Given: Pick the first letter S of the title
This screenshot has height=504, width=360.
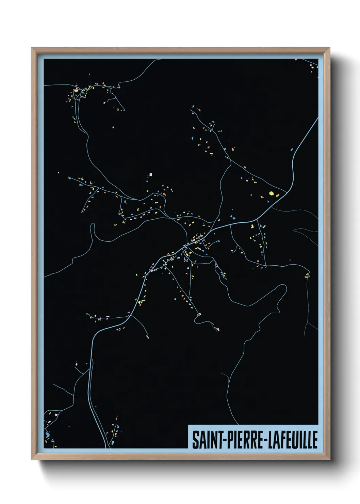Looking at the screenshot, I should point(196,440).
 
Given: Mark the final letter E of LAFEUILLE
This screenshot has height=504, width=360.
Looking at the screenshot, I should point(315,440).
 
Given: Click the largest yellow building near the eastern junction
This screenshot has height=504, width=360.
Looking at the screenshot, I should point(272,193).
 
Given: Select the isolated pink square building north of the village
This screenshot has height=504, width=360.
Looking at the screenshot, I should point(151,175).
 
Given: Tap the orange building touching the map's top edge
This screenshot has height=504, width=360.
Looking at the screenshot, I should point(296,60).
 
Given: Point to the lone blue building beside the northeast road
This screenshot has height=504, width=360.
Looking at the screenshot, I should point(292,149).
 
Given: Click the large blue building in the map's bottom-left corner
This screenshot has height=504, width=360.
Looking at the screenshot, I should point(47,434).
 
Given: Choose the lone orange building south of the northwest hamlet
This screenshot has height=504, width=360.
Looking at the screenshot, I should point(113,127).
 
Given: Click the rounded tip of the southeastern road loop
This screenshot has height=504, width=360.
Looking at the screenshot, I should point(284,287).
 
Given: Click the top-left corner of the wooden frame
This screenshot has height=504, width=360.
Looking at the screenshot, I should point(32,48).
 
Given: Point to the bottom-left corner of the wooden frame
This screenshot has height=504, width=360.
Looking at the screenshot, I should point(32,459).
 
